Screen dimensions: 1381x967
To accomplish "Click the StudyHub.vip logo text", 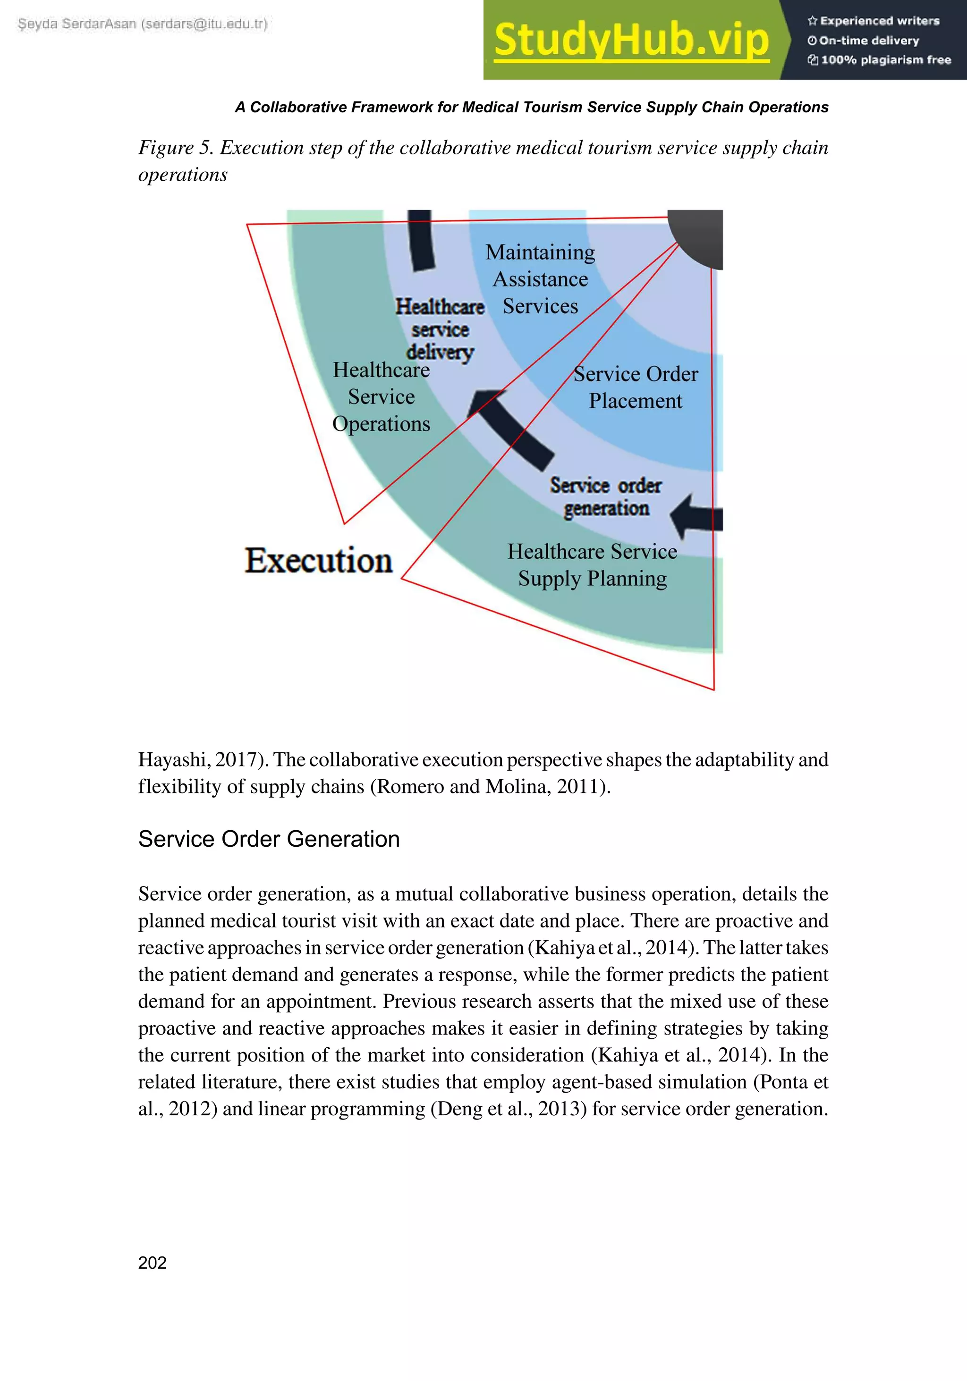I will pos(631,40).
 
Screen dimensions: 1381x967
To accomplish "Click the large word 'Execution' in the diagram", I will pos(318,561).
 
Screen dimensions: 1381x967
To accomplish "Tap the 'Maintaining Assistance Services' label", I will pos(540,279).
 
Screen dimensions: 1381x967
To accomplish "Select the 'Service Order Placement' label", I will pos(636,387).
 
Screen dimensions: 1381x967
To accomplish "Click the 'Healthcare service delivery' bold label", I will pos(440,329).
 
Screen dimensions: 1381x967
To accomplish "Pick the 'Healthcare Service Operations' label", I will pos(381,397).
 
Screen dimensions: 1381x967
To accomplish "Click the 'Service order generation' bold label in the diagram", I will pos(605,497).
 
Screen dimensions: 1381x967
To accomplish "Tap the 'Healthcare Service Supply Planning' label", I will pos(592,565).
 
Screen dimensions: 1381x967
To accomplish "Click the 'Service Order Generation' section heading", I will pos(269,839).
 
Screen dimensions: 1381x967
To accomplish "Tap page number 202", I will pos(152,1263).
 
